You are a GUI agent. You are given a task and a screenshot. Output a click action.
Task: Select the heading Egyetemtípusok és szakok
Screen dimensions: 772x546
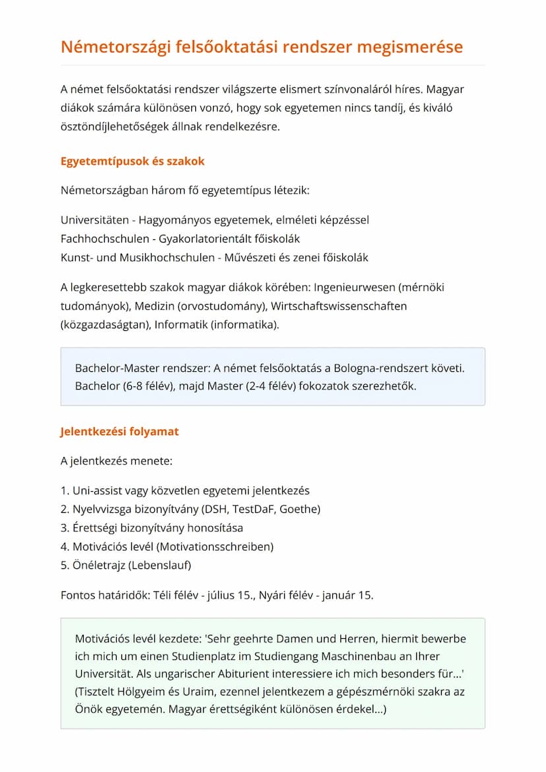tap(133, 162)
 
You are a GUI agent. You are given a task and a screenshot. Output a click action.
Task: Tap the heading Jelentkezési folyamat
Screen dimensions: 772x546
tap(119, 432)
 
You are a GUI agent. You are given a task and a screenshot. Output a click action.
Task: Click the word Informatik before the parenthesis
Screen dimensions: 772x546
tap(181, 325)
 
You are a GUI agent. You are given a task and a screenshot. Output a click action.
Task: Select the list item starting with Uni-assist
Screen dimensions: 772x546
tap(185, 490)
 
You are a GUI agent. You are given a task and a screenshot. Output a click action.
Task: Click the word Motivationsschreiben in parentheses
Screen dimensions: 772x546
tap(219, 547)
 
